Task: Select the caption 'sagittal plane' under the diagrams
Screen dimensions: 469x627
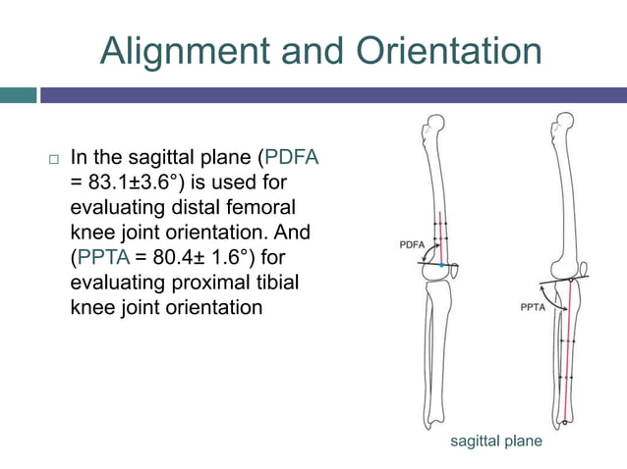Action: tap(495, 442)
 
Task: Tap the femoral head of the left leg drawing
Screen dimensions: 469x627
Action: tap(432, 126)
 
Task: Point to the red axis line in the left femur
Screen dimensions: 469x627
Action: tap(440, 235)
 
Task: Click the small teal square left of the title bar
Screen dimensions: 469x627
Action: tap(18, 95)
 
